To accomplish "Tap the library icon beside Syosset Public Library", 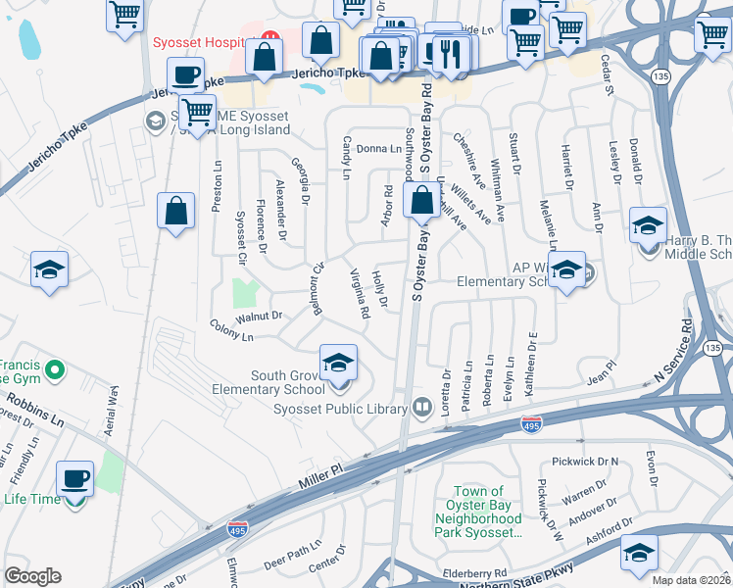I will coord(422,406).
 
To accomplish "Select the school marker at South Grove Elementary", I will coord(338,363).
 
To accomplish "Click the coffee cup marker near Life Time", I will coord(75,480).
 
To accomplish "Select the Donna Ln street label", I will coord(379,149).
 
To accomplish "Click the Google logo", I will coord(32,576).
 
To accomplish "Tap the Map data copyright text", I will coord(692,580).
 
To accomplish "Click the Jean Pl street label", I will coord(600,370).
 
